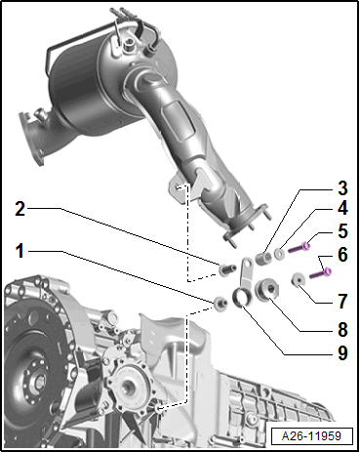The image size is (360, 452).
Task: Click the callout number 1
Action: pyautogui.click(x=20, y=251)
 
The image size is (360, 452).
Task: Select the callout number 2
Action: pyautogui.click(x=20, y=209)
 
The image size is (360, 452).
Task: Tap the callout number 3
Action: pyautogui.click(x=342, y=188)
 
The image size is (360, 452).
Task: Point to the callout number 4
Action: pyautogui.click(x=342, y=208)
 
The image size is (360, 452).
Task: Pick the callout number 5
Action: pyautogui.click(x=342, y=231)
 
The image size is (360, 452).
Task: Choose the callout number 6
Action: pyautogui.click(x=342, y=255)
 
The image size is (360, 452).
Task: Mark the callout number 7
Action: pyautogui.click(x=342, y=301)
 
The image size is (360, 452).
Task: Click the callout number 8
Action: pyautogui.click(x=342, y=329)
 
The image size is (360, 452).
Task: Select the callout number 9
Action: pyautogui.click(x=342, y=352)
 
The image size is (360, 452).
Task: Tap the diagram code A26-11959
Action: pyautogui.click(x=311, y=436)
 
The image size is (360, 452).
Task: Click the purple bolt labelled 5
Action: pyautogui.click(x=299, y=248)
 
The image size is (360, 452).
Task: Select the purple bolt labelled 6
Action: pyautogui.click(x=320, y=273)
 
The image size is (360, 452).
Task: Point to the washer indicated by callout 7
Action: pyautogui.click(x=298, y=279)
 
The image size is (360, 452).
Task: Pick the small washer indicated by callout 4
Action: pyautogui.click(x=279, y=254)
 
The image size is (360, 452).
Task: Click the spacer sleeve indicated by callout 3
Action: pyautogui.click(x=263, y=259)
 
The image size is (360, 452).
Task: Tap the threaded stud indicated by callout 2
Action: pyautogui.click(x=227, y=269)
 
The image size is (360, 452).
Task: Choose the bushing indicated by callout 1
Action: pyautogui.click(x=220, y=304)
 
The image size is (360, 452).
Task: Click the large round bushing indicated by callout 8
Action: pyautogui.click(x=267, y=289)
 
